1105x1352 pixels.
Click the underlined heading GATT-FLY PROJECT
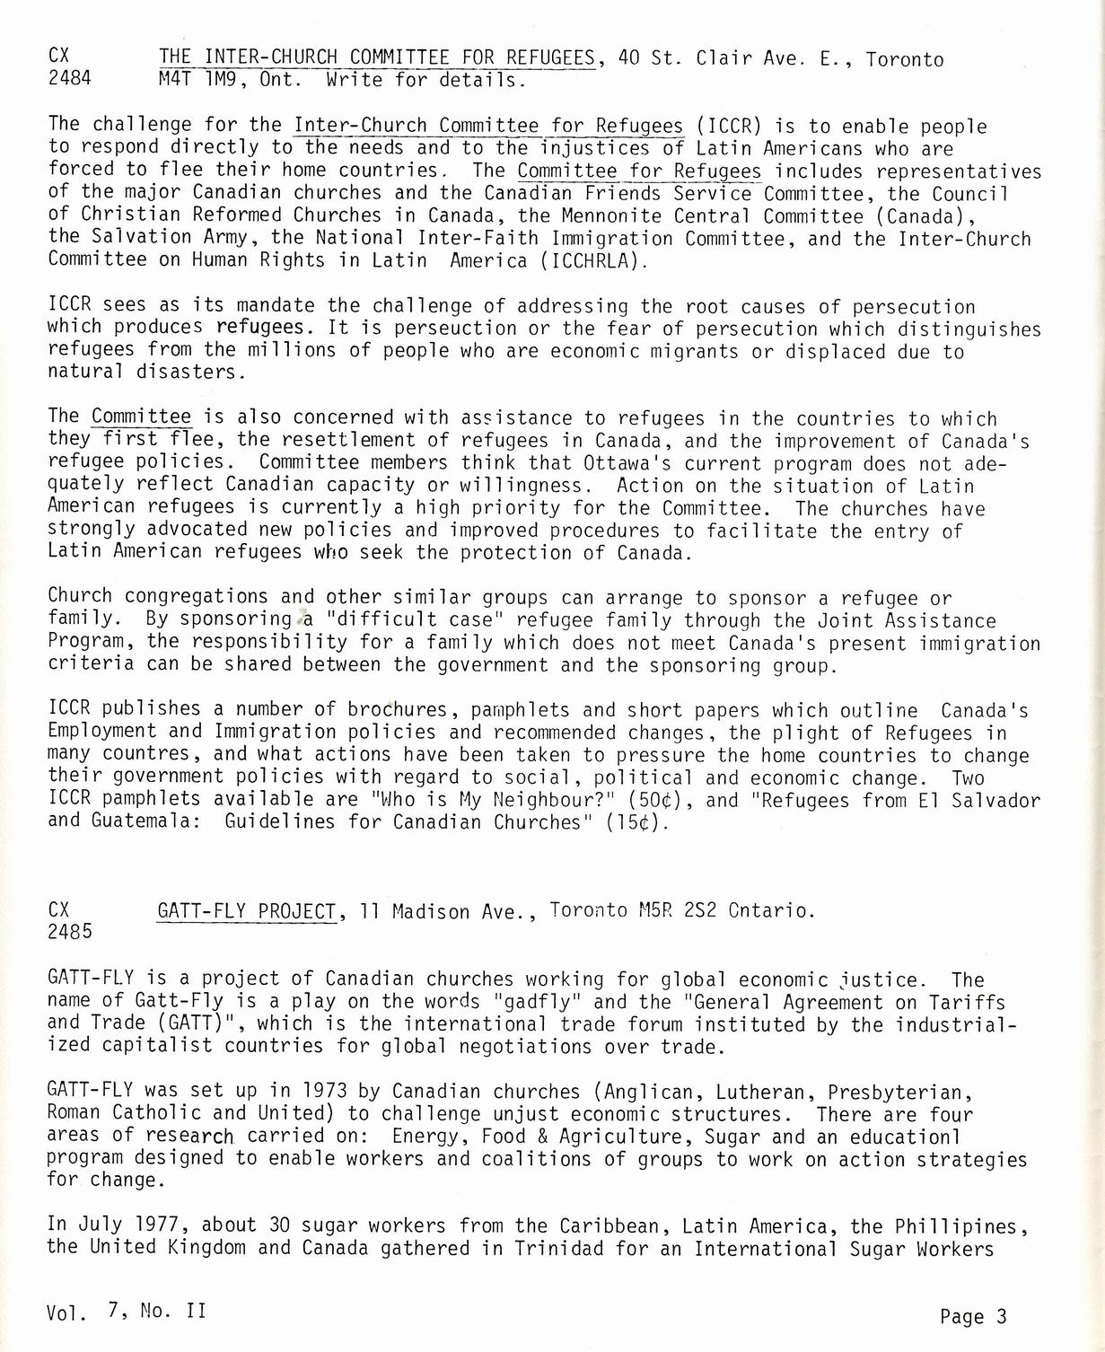point(247,911)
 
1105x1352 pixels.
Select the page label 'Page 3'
point(974,1317)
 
